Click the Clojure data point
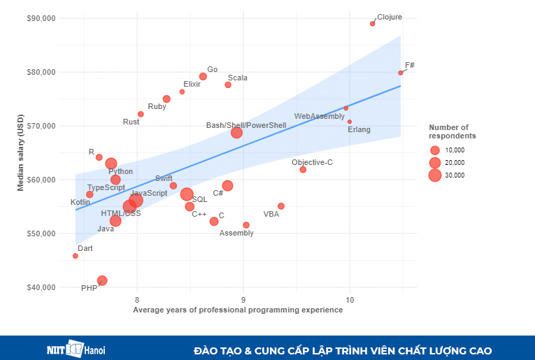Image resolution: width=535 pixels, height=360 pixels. [372, 24]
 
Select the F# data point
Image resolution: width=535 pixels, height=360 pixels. [401, 73]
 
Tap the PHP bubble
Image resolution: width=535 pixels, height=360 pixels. [102, 280]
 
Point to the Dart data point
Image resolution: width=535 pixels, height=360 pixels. [76, 256]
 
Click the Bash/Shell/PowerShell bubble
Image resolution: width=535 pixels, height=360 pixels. [236, 133]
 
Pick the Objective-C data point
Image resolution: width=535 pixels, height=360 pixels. [303, 170]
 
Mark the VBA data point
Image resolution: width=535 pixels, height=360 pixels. [281, 206]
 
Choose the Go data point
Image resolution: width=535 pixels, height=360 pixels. [203, 76]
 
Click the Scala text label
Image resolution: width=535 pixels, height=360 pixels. [238, 78]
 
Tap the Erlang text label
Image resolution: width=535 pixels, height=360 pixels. [359, 129]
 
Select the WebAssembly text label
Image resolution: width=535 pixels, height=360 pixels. [319, 116]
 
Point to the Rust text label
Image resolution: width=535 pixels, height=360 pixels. [131, 122]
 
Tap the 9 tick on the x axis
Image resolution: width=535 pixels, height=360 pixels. [243, 300]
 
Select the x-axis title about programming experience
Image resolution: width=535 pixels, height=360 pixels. [238, 310]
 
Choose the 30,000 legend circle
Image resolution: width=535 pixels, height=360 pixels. [435, 175]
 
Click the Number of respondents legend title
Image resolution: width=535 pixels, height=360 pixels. [452, 131]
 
